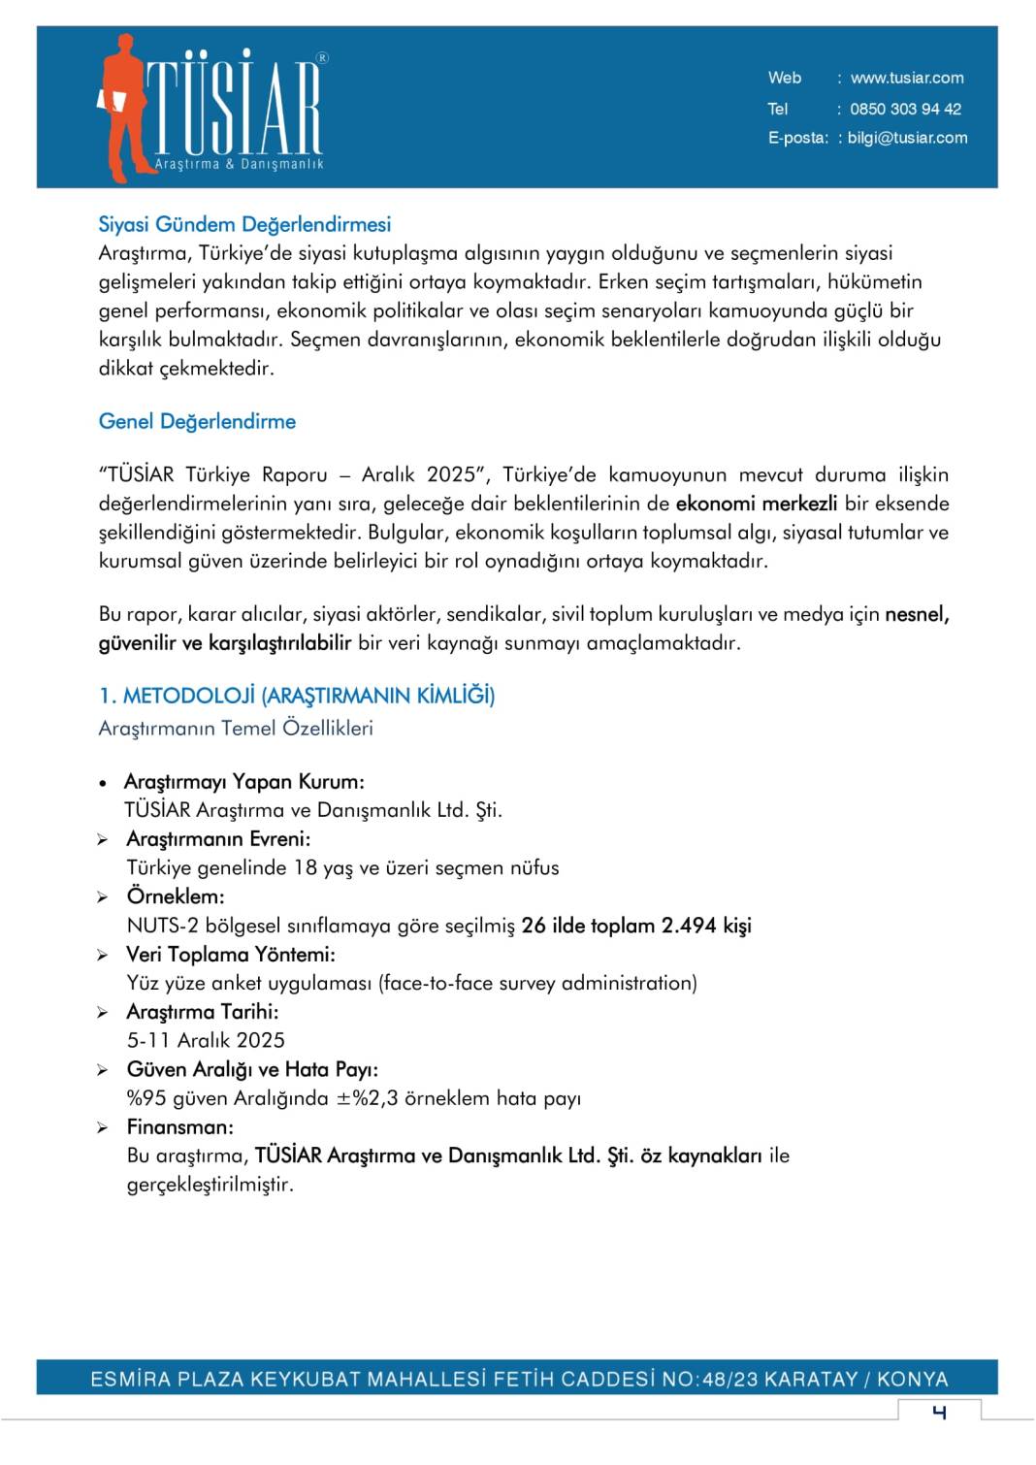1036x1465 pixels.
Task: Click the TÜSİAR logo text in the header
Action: (236, 107)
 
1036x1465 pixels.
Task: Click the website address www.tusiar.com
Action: (906, 78)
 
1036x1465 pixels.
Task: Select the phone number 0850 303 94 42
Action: (904, 109)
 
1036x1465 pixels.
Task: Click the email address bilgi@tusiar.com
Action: (906, 138)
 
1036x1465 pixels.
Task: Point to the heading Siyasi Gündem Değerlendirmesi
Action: (244, 224)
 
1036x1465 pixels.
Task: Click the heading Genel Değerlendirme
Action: (197, 421)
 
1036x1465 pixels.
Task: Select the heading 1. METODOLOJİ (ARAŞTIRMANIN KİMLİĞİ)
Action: (296, 696)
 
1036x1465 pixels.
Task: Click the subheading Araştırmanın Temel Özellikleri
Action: (236, 728)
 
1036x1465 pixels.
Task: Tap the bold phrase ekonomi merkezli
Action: (756, 504)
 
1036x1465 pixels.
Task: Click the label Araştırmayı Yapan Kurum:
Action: (244, 782)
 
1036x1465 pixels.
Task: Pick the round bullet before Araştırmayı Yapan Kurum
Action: (103, 783)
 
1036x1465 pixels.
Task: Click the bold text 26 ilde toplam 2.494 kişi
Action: (635, 926)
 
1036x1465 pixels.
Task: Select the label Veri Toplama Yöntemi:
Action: (231, 955)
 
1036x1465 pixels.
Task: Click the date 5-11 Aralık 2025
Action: (206, 1040)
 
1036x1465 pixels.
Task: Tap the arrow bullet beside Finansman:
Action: (103, 1128)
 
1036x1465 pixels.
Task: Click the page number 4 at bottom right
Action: (938, 1412)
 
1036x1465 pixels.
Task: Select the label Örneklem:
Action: (176, 896)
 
